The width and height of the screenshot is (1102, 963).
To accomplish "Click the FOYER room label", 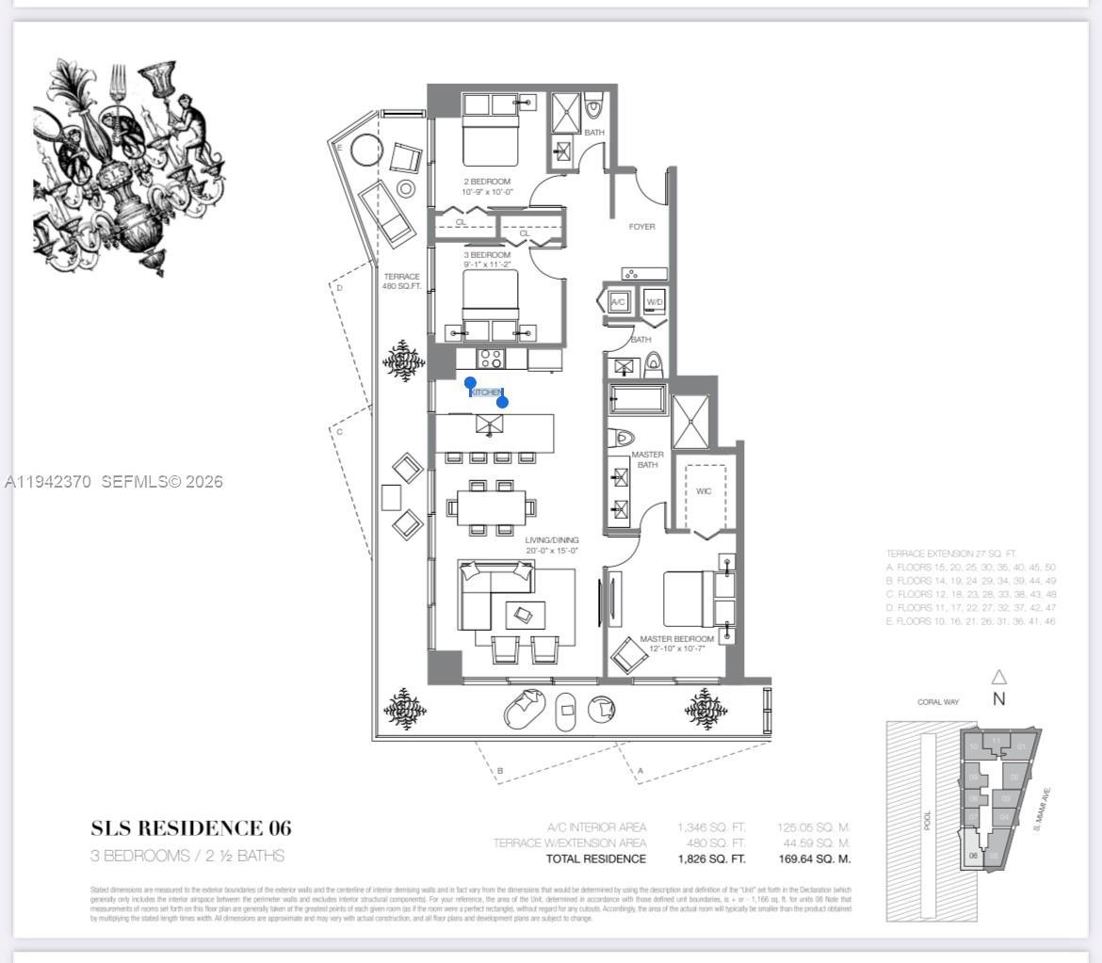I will pyautogui.click(x=641, y=227).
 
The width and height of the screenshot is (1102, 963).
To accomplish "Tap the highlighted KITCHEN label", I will pyautogui.click(x=486, y=393).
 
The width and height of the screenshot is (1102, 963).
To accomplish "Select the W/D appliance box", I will pyautogui.click(x=654, y=302).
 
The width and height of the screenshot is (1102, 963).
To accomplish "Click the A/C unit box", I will pyautogui.click(x=619, y=302).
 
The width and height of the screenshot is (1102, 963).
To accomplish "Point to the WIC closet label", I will pyautogui.click(x=704, y=491).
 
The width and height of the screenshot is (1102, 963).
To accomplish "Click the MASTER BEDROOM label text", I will pyautogui.click(x=676, y=639).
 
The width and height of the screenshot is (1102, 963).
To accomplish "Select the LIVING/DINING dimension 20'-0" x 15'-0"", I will pyautogui.click(x=551, y=551).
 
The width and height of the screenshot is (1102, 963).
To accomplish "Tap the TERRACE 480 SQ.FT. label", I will pyautogui.click(x=401, y=281).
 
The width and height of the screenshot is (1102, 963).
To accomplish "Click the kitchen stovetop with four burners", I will pyautogui.click(x=491, y=358).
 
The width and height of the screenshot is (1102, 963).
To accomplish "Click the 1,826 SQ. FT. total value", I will pyautogui.click(x=711, y=859).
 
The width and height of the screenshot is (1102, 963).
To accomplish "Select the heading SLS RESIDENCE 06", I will pyautogui.click(x=191, y=828).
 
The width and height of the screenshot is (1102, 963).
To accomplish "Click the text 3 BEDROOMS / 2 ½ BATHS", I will pyautogui.click(x=187, y=856).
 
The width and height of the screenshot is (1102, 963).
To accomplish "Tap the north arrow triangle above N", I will pyautogui.click(x=999, y=677).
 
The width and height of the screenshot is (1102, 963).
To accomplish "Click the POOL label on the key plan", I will pyautogui.click(x=927, y=822).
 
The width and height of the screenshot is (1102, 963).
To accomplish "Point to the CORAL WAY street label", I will pyautogui.click(x=938, y=702).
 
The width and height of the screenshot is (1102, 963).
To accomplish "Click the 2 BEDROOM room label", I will pyautogui.click(x=487, y=181).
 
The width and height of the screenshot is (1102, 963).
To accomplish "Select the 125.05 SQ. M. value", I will pyautogui.click(x=814, y=827).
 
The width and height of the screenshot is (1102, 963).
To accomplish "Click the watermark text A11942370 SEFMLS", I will pyautogui.click(x=113, y=482).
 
